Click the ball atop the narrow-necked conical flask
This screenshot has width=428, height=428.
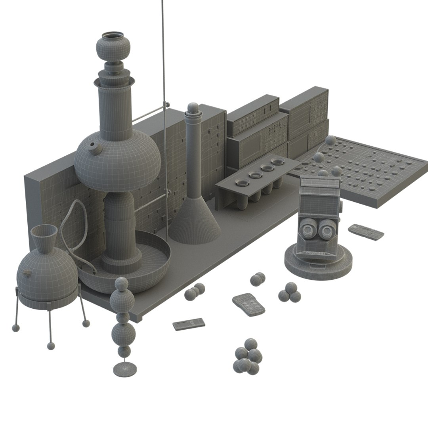point(193,108)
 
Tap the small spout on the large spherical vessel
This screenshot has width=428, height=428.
point(94,148)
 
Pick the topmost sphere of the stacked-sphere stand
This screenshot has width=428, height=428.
point(121,284)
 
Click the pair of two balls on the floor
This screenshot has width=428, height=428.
point(258,279)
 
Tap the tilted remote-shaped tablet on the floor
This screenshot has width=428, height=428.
point(248,304)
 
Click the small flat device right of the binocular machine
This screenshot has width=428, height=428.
point(366,232)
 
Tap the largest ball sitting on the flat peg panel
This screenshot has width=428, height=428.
point(331,141)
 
